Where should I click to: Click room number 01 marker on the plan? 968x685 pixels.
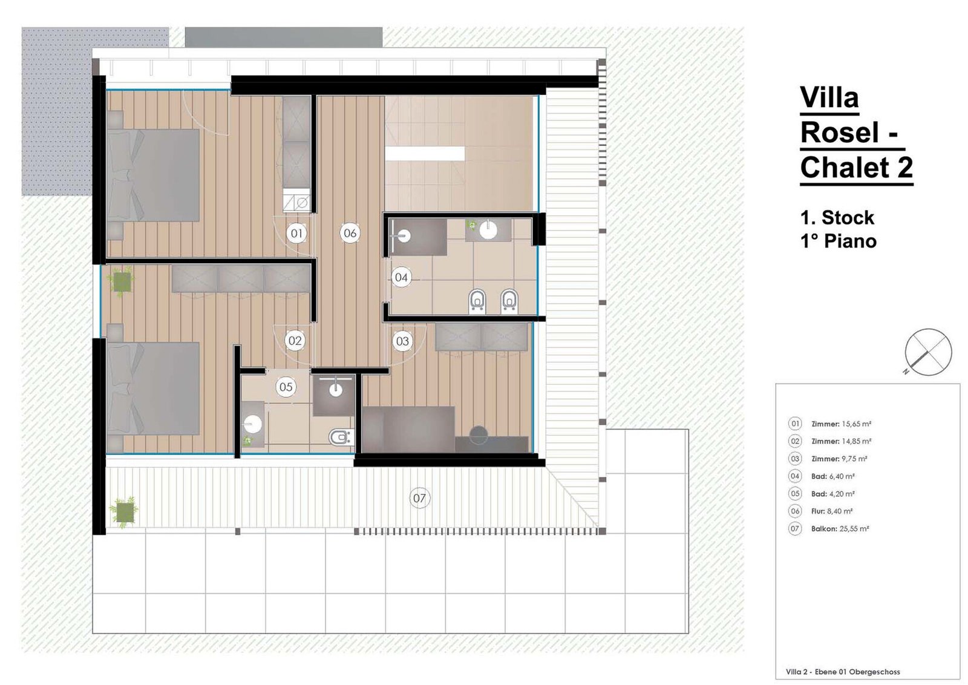(296, 234)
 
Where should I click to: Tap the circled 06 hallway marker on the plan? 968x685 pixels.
(350, 234)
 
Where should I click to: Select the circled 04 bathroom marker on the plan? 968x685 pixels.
(402, 278)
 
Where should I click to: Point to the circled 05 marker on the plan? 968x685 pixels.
(286, 387)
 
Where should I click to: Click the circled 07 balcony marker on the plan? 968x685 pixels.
(419, 498)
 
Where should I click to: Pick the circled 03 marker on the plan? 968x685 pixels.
(402, 341)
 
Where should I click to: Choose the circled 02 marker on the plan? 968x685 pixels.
(295, 341)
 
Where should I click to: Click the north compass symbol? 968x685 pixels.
(927, 352)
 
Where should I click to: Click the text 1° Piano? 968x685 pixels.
(839, 241)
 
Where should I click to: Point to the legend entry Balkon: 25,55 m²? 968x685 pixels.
(840, 528)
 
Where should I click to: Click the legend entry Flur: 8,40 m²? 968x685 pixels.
(832, 511)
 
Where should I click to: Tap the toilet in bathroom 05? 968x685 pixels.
(341, 438)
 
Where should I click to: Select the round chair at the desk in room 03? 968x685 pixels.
(479, 435)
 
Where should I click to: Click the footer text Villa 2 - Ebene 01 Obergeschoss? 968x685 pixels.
(843, 672)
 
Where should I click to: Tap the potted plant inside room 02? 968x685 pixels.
(122, 281)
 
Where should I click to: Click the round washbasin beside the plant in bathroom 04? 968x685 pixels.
(488, 230)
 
